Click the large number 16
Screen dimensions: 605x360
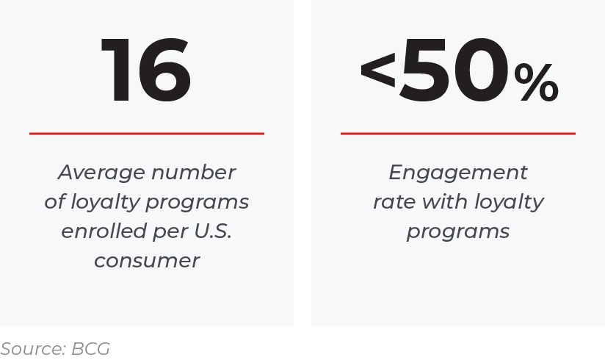[146, 71]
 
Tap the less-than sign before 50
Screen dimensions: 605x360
[377, 70]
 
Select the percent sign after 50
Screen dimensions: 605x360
[536, 83]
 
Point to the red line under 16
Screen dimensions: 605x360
[147, 134]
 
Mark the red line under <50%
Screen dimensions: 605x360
[458, 134]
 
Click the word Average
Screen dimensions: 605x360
[101, 173]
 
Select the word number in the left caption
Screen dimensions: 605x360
[193, 172]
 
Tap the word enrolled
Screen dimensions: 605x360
[104, 231]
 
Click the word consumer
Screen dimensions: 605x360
[147, 261]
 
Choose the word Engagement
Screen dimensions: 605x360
[458, 173]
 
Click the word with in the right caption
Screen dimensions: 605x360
[445, 201]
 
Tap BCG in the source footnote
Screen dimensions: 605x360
[90, 349]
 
